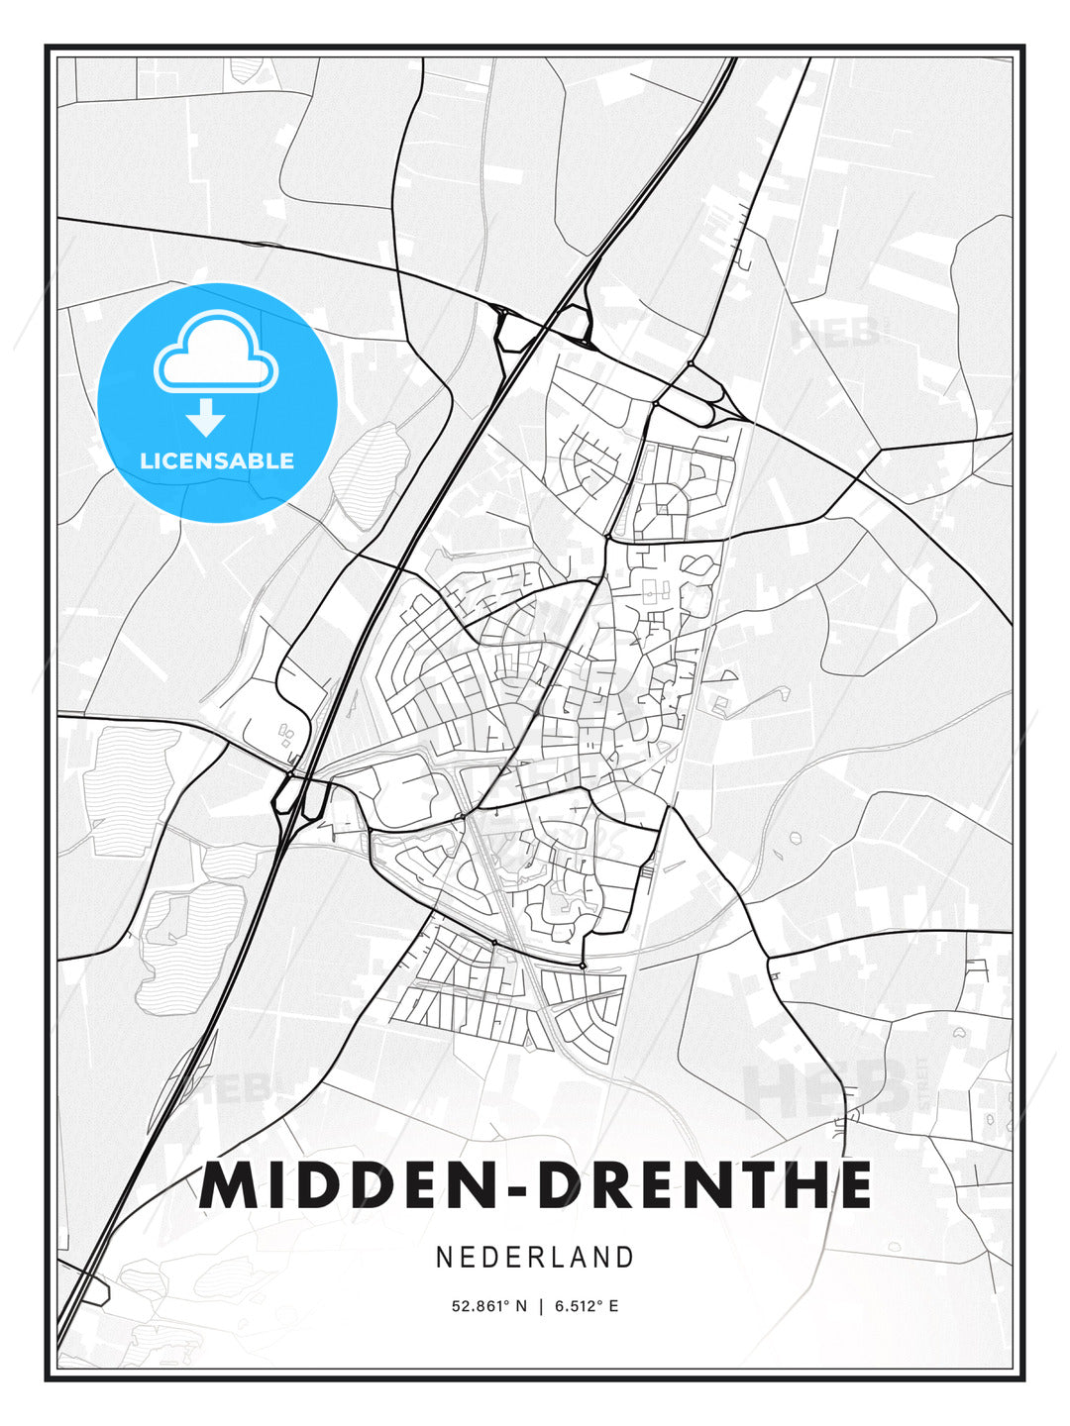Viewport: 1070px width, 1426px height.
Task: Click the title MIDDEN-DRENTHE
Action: point(535,1185)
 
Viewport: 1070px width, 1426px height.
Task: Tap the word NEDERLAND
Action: point(535,1257)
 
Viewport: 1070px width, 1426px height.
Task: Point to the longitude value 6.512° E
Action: point(587,1306)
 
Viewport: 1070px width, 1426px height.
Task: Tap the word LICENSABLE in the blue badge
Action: point(217,460)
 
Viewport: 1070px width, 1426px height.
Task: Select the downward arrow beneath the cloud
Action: point(206,418)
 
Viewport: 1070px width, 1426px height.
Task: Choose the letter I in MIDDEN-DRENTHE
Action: point(284,1185)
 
